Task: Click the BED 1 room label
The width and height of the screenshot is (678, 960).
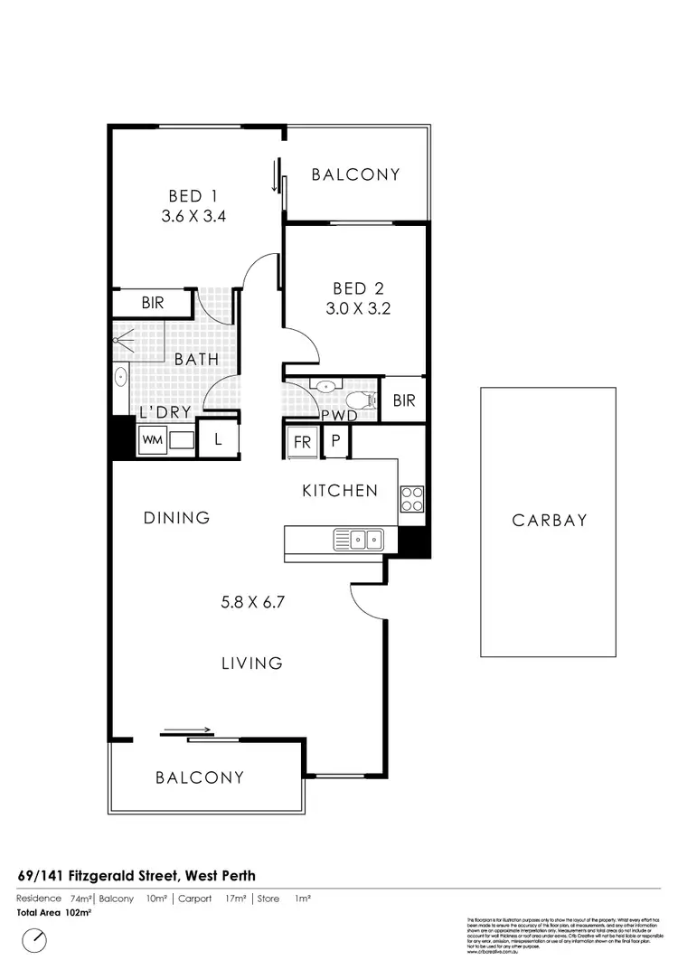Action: point(193,196)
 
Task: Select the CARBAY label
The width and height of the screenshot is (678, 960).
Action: point(550,520)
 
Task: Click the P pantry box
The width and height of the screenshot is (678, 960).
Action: point(334,441)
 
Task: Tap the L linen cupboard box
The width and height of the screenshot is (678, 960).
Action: point(218,440)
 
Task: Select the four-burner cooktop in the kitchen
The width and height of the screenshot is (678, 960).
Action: point(412,500)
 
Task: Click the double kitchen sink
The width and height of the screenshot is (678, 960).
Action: point(358,540)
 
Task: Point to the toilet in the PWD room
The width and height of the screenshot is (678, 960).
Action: point(361,399)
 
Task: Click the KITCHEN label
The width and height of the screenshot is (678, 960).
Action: point(340,491)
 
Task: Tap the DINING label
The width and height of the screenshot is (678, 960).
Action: point(177,518)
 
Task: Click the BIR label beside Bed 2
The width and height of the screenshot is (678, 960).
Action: point(403,400)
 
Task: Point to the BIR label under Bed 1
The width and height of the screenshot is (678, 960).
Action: point(153,303)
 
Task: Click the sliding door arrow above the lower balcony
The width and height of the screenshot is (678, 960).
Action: point(189,730)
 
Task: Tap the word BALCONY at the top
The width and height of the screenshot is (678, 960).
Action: point(355,174)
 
